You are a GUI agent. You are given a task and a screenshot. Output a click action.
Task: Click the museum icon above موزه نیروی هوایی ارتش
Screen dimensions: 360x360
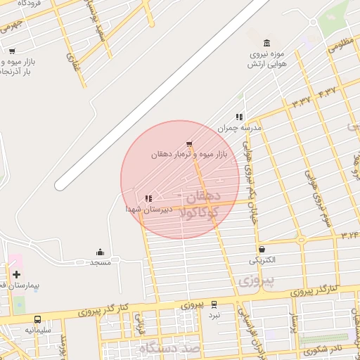(x=266, y=44)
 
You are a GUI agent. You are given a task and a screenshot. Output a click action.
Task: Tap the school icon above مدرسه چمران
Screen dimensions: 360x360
(x=240, y=117)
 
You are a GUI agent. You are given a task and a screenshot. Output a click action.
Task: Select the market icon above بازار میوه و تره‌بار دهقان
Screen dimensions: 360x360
(x=188, y=143)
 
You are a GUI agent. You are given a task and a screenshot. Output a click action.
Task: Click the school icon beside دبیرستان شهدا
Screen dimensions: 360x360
(x=148, y=199)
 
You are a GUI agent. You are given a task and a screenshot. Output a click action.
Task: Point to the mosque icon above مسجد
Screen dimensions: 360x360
(x=100, y=252)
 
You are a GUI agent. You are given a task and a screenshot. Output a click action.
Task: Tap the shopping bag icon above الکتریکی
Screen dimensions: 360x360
(x=262, y=249)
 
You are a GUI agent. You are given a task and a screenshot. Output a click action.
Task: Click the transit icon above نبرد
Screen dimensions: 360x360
(x=214, y=304)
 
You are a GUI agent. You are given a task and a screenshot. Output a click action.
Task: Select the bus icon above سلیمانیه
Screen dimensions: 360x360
(x=37, y=319)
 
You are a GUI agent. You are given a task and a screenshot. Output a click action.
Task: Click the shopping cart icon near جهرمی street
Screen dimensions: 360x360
(x=12, y=51)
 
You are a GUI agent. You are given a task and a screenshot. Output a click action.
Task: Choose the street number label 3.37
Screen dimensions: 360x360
(x=301, y=101)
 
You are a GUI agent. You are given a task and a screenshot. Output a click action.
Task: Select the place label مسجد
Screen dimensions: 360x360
(x=100, y=262)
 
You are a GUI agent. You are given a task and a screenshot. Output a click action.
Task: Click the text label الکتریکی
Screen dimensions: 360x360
(x=262, y=259)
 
